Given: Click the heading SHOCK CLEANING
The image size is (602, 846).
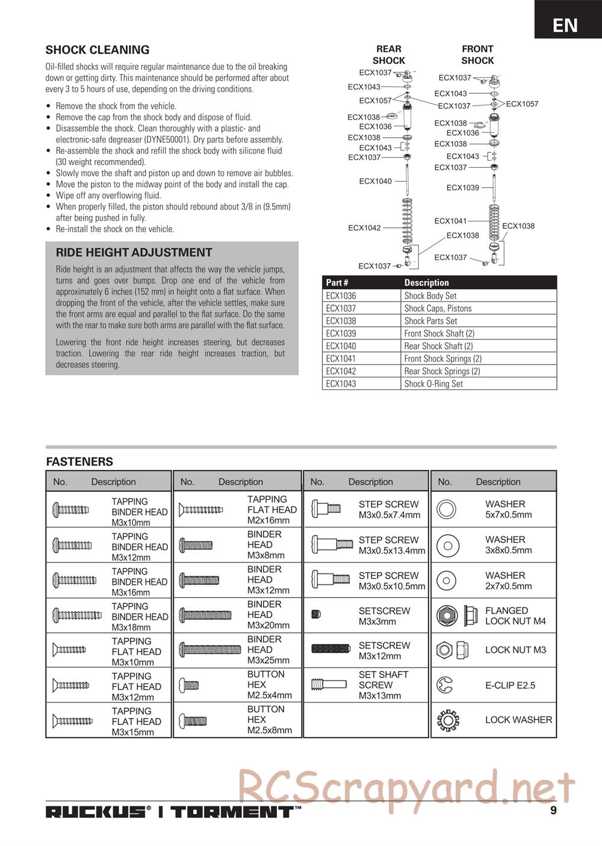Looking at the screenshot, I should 98,50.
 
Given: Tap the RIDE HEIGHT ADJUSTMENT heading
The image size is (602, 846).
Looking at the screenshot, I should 134,253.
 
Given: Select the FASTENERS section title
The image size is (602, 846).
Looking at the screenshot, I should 79,462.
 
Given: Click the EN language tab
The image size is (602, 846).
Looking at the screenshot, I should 565,25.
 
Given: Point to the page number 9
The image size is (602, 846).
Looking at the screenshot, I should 553,810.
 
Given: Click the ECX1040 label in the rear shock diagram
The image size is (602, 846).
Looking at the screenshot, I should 375,181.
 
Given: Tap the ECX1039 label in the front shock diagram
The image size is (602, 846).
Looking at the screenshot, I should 462,188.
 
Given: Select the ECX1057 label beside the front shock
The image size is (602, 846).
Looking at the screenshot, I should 522,104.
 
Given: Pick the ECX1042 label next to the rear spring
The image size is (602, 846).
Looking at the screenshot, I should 364,228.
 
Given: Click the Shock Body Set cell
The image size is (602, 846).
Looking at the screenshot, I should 430,296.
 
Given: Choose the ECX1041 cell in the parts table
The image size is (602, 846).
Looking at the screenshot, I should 341,359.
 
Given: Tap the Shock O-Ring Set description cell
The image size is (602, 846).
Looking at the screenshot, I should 433,384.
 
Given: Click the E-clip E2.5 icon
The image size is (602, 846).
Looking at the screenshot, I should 446,685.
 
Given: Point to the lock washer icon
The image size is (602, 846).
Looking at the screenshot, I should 447,720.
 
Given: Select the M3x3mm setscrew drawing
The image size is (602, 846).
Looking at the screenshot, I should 317,614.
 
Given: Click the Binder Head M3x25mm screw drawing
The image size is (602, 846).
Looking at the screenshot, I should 201,650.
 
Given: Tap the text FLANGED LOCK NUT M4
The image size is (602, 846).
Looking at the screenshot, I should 515,616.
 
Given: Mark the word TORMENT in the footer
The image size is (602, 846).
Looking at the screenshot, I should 232,812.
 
